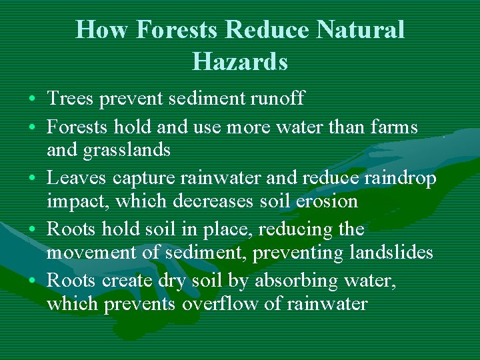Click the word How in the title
click(96, 30)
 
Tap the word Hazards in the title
click(240, 61)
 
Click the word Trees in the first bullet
click(71, 99)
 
